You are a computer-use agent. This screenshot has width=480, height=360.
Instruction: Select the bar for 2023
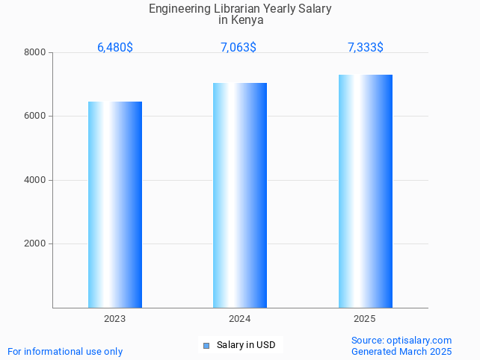tap(115, 205)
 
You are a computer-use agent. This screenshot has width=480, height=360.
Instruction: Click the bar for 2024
tap(240, 195)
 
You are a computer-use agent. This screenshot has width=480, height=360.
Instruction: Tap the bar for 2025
tap(365, 191)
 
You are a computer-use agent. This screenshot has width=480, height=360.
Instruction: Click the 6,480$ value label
tap(115, 48)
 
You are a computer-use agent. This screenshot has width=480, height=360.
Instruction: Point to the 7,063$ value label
tap(239, 48)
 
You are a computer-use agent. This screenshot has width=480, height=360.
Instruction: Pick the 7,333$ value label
tap(366, 48)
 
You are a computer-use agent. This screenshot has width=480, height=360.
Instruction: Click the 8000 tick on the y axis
tap(34, 52)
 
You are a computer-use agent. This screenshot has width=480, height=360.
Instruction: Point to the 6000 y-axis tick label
tap(34, 117)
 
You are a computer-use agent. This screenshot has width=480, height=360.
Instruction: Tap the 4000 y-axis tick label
tap(34, 180)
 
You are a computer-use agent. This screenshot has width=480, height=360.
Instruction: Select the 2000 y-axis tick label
tap(34, 244)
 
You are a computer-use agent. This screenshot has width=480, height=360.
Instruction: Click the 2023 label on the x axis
tap(115, 319)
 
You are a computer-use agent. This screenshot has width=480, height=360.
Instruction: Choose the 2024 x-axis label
tap(240, 319)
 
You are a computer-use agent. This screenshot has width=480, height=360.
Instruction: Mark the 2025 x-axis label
tap(365, 319)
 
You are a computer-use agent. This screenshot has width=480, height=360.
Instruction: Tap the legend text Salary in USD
tap(246, 345)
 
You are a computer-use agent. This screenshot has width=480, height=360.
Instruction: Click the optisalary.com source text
tap(401, 341)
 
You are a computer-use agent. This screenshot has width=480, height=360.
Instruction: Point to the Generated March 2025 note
tap(401, 351)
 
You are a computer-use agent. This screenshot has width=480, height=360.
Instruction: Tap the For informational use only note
tap(65, 351)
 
